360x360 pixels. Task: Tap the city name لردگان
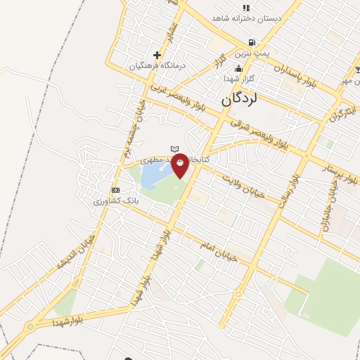coord(240,99)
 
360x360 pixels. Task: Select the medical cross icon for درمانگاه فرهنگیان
coord(156,55)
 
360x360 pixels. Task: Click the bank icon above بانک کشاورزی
coord(115,191)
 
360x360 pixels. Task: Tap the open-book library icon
coord(175,149)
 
